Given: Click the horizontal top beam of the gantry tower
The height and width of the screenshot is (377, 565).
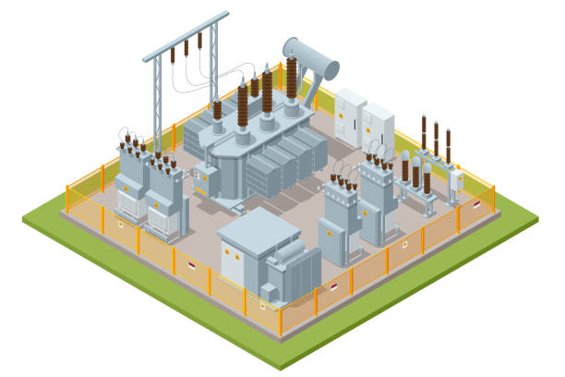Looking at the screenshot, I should click(186, 36).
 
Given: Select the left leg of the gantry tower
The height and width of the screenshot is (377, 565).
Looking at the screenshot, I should click(157, 102).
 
